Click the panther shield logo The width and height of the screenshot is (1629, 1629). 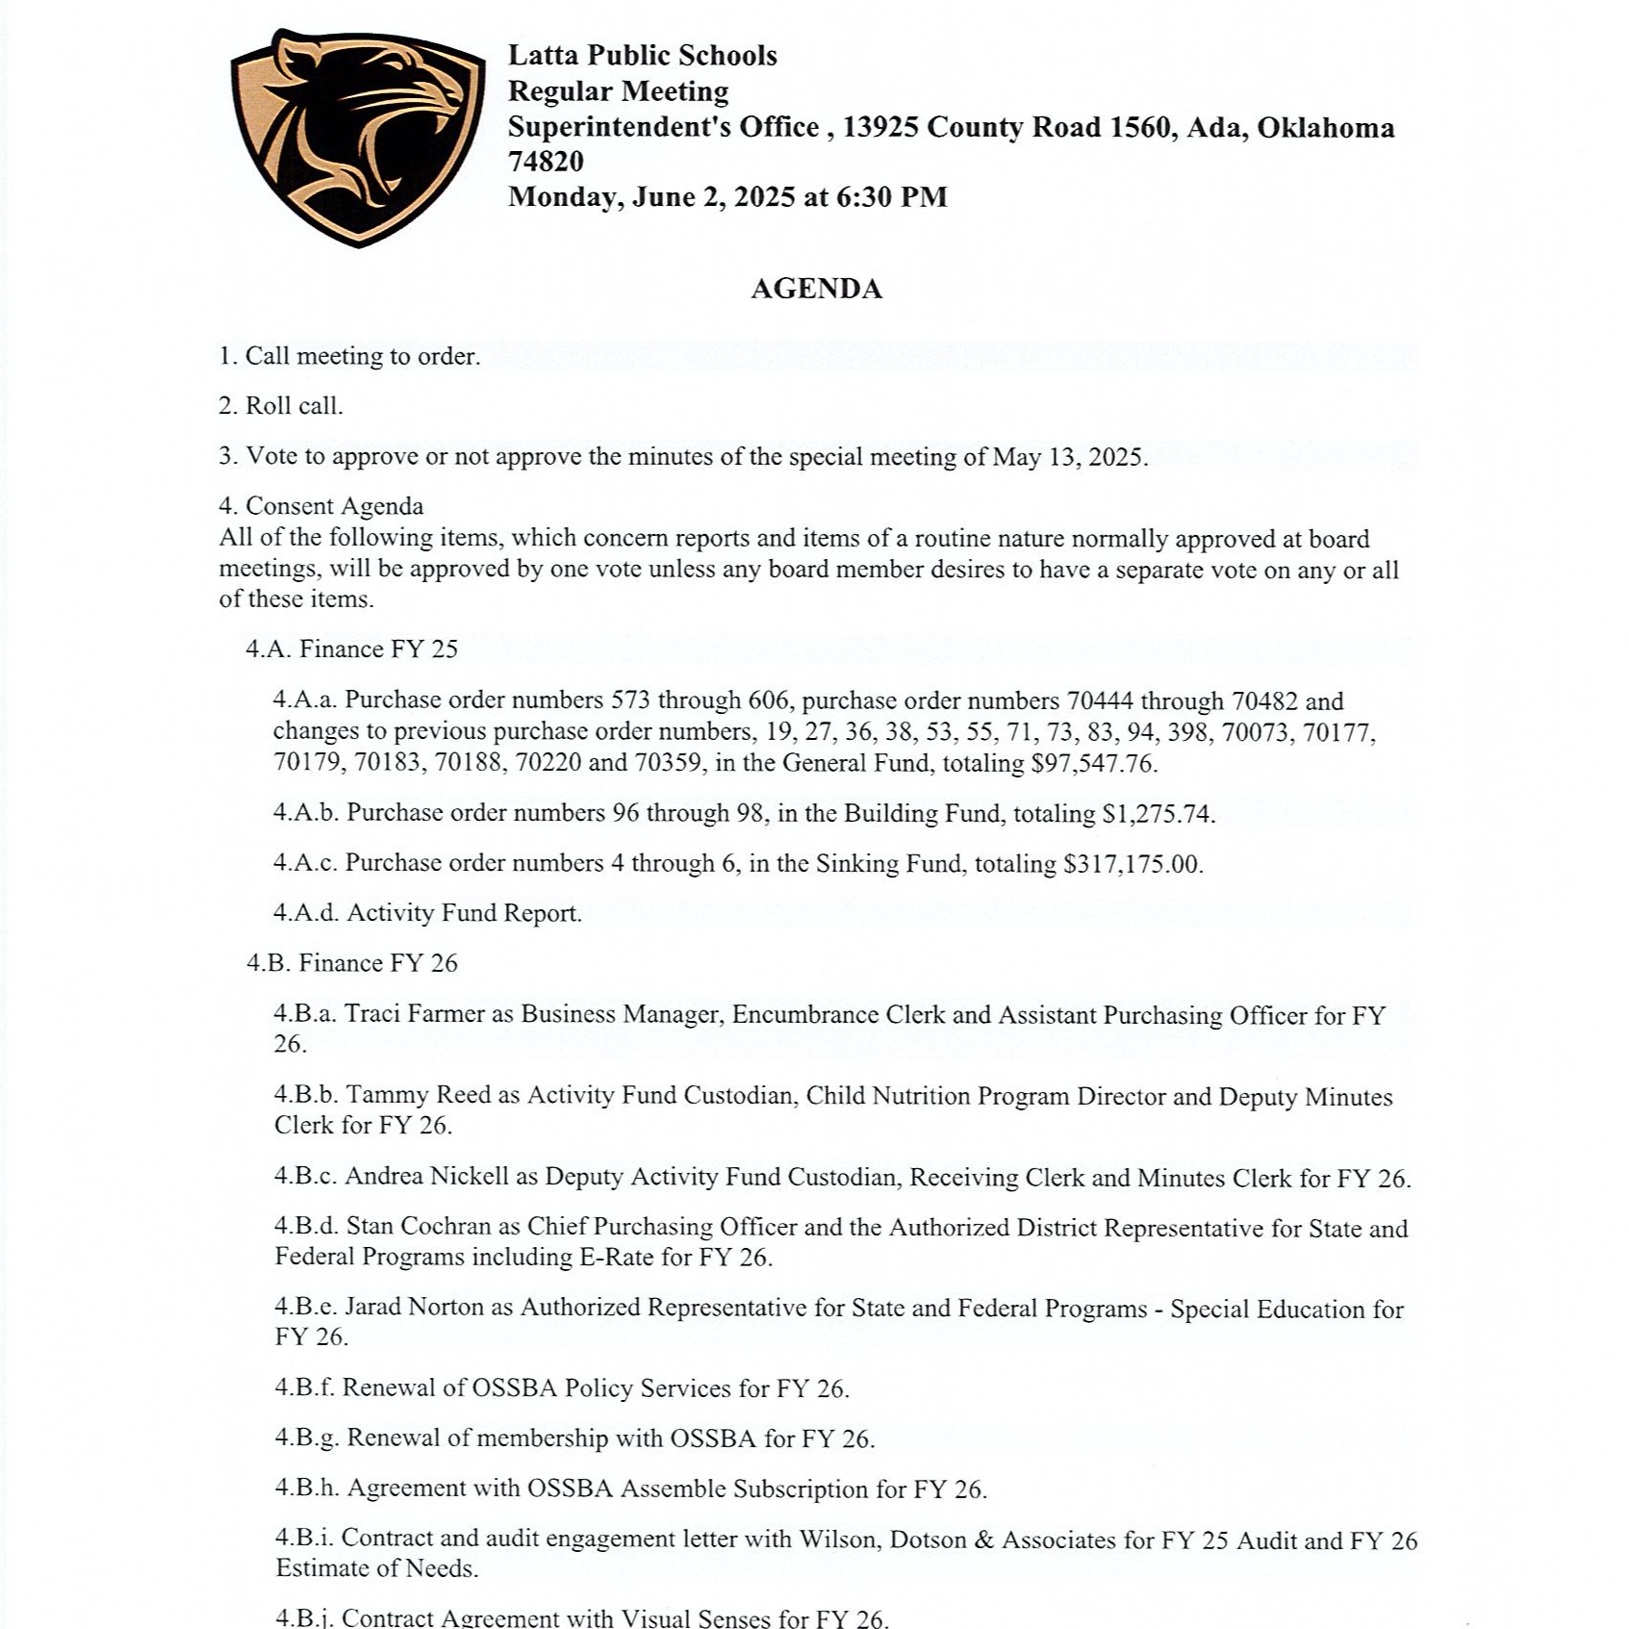[x=358, y=137]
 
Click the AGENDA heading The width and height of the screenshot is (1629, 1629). [x=816, y=289]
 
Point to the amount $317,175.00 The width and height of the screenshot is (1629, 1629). [x=1133, y=864]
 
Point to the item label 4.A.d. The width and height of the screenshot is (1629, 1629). [x=306, y=913]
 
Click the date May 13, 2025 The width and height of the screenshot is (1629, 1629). [x=1068, y=456]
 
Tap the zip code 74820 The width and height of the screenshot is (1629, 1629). [x=546, y=162]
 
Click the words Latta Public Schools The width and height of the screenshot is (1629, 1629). [x=642, y=56]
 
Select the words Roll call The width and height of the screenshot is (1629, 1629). [x=293, y=406]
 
